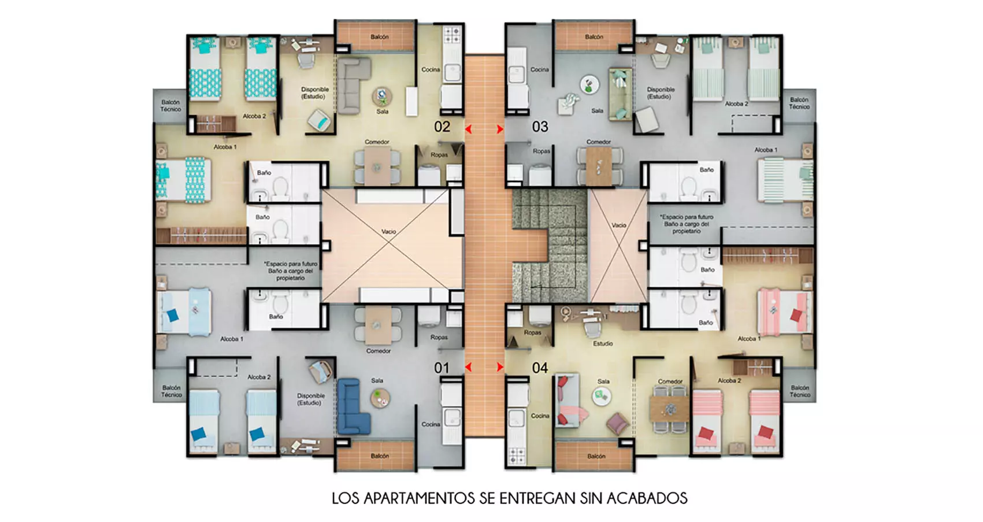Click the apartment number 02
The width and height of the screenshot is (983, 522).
[442, 127]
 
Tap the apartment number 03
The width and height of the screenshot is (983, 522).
[540, 127]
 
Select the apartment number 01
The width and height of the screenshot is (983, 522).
[442, 368]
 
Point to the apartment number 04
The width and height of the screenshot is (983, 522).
[540, 368]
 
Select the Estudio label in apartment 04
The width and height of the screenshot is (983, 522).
[603, 343]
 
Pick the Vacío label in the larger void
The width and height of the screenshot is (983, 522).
[388, 231]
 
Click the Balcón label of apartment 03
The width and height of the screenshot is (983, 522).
[593, 37]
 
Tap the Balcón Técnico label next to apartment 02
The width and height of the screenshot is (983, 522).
[170, 106]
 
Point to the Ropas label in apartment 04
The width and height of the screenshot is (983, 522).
[532, 332]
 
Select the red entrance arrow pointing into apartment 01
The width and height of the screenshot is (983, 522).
[469, 367]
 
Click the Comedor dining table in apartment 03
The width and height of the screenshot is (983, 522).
[598, 164]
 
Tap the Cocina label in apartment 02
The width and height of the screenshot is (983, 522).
[431, 69]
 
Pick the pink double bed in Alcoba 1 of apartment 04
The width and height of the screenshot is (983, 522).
[784, 312]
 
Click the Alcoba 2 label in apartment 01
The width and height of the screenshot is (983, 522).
[259, 377]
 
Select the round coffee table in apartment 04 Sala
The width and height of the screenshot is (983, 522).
[602, 396]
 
